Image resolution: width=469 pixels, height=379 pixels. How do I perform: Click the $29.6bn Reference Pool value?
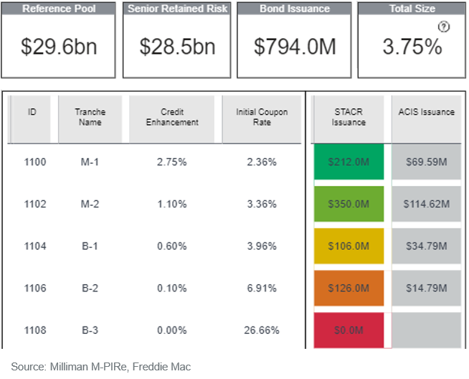click(59, 47)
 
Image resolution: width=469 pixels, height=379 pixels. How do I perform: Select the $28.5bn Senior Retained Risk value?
click(177, 47)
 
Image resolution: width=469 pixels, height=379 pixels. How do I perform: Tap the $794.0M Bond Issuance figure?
click(295, 47)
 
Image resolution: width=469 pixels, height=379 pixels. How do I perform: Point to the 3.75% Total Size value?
click(412, 47)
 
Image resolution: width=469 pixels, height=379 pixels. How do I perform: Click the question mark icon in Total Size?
click(444, 27)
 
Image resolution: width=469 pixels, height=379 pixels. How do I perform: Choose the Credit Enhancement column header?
click(171, 117)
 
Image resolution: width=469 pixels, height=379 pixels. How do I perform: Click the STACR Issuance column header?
click(349, 117)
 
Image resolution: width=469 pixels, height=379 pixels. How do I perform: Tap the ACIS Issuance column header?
click(426, 112)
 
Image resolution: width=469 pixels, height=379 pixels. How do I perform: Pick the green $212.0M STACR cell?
click(349, 162)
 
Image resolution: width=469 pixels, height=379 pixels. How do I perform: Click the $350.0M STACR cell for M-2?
click(349, 204)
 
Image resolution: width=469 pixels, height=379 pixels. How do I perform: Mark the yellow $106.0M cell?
click(349, 246)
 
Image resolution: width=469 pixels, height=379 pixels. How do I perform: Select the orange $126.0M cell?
click(349, 289)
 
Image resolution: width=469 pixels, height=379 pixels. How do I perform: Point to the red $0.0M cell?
click(349, 331)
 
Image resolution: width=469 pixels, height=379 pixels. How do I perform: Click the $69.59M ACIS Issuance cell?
click(426, 162)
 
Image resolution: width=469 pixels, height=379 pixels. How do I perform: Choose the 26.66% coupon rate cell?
click(261, 331)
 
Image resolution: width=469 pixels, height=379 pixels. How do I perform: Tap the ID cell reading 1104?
click(35, 246)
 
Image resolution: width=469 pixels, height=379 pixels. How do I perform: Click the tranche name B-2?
click(90, 289)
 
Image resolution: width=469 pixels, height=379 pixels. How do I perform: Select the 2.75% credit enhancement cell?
click(171, 162)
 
